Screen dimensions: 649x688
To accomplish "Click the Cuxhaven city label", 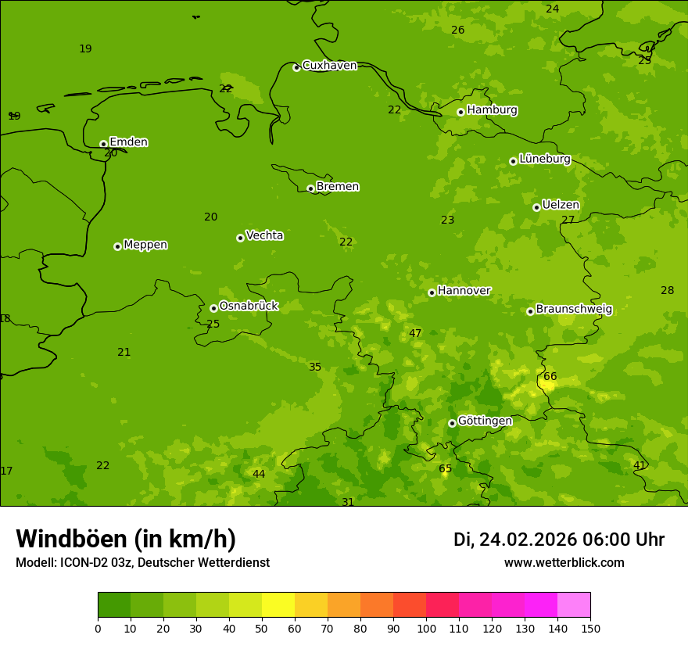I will tap(329, 66).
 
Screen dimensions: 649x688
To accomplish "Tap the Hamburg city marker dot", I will tap(460, 112).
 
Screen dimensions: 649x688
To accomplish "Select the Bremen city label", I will tap(338, 187).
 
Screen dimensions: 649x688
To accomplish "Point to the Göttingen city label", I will tap(485, 421).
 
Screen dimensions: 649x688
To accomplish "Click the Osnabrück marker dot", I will tap(213, 308).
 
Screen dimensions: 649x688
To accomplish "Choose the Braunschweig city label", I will tap(574, 310).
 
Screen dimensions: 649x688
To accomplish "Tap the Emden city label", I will tap(128, 142).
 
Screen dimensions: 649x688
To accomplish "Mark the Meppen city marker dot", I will tap(117, 246).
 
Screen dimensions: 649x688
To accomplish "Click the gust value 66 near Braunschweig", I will tap(550, 377).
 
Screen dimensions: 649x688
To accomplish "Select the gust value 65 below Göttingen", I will tap(445, 469).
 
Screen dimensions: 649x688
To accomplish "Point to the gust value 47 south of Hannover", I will tap(415, 334).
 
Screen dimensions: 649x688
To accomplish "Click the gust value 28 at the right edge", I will tap(667, 291).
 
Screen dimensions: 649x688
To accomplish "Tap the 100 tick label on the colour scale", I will tap(426, 629).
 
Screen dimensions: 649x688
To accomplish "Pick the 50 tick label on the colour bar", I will tap(262, 629).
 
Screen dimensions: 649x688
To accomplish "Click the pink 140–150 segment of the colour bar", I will tap(574, 605).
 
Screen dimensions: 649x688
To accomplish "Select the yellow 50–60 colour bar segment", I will tap(278, 605).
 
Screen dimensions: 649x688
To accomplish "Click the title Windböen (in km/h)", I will tap(126, 539).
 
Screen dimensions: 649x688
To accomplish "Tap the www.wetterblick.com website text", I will tap(564, 563).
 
